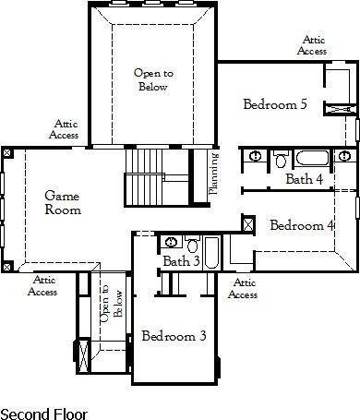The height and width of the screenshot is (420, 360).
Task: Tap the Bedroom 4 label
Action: [x=301, y=224]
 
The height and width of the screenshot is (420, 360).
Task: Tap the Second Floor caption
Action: [x=42, y=410]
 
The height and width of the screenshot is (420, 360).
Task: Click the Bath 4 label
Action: [x=304, y=179]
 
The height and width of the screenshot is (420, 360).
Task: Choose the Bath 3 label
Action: [x=181, y=262]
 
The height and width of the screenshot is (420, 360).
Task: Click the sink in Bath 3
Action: [x=172, y=243]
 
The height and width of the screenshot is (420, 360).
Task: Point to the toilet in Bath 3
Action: [x=193, y=245]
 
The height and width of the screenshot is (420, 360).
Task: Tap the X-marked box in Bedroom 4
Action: [x=247, y=223]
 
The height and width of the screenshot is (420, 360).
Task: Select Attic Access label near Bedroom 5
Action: [x=311, y=45]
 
